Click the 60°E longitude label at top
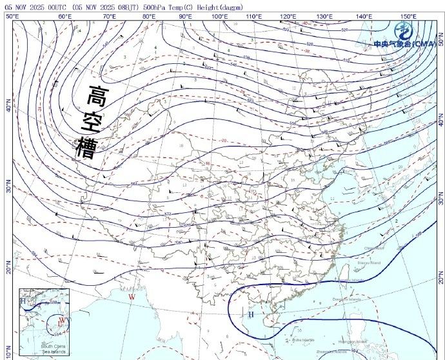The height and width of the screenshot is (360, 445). click(x=64, y=15)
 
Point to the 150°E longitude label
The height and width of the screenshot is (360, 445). click(x=407, y=15)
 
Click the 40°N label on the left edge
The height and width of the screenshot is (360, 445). click(x=8, y=105)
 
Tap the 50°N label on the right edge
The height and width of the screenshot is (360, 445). click(x=441, y=39)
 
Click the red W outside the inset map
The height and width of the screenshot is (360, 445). click(x=132, y=297)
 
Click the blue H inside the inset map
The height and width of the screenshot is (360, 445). click(x=23, y=301)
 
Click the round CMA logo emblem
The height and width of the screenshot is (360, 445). click(x=404, y=30)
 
